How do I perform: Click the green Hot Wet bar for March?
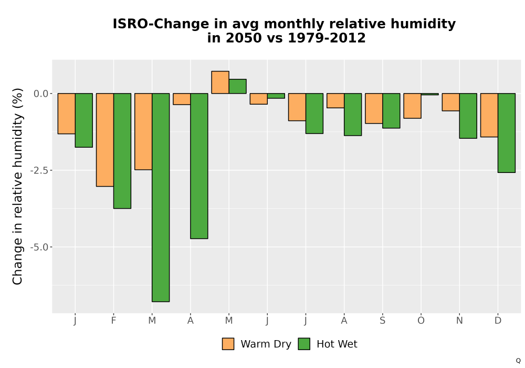point(161,198)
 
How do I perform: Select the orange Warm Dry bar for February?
point(105,140)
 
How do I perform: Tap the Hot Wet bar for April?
point(199,166)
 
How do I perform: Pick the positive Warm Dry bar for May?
point(220,82)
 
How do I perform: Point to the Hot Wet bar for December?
point(507,132)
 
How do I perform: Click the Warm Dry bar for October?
point(412,106)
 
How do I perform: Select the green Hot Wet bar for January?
point(83,120)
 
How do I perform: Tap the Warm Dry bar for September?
point(374,108)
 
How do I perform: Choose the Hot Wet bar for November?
point(468,116)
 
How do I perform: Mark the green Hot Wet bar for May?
point(238,86)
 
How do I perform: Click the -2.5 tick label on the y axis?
point(39,170)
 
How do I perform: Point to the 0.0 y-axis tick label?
point(41,94)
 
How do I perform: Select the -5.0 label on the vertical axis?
point(39,247)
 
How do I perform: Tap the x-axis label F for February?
point(113,321)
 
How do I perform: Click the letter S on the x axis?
point(382,321)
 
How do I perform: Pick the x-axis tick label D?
point(498,321)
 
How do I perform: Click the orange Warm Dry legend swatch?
point(228,344)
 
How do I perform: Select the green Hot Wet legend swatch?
point(304,344)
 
